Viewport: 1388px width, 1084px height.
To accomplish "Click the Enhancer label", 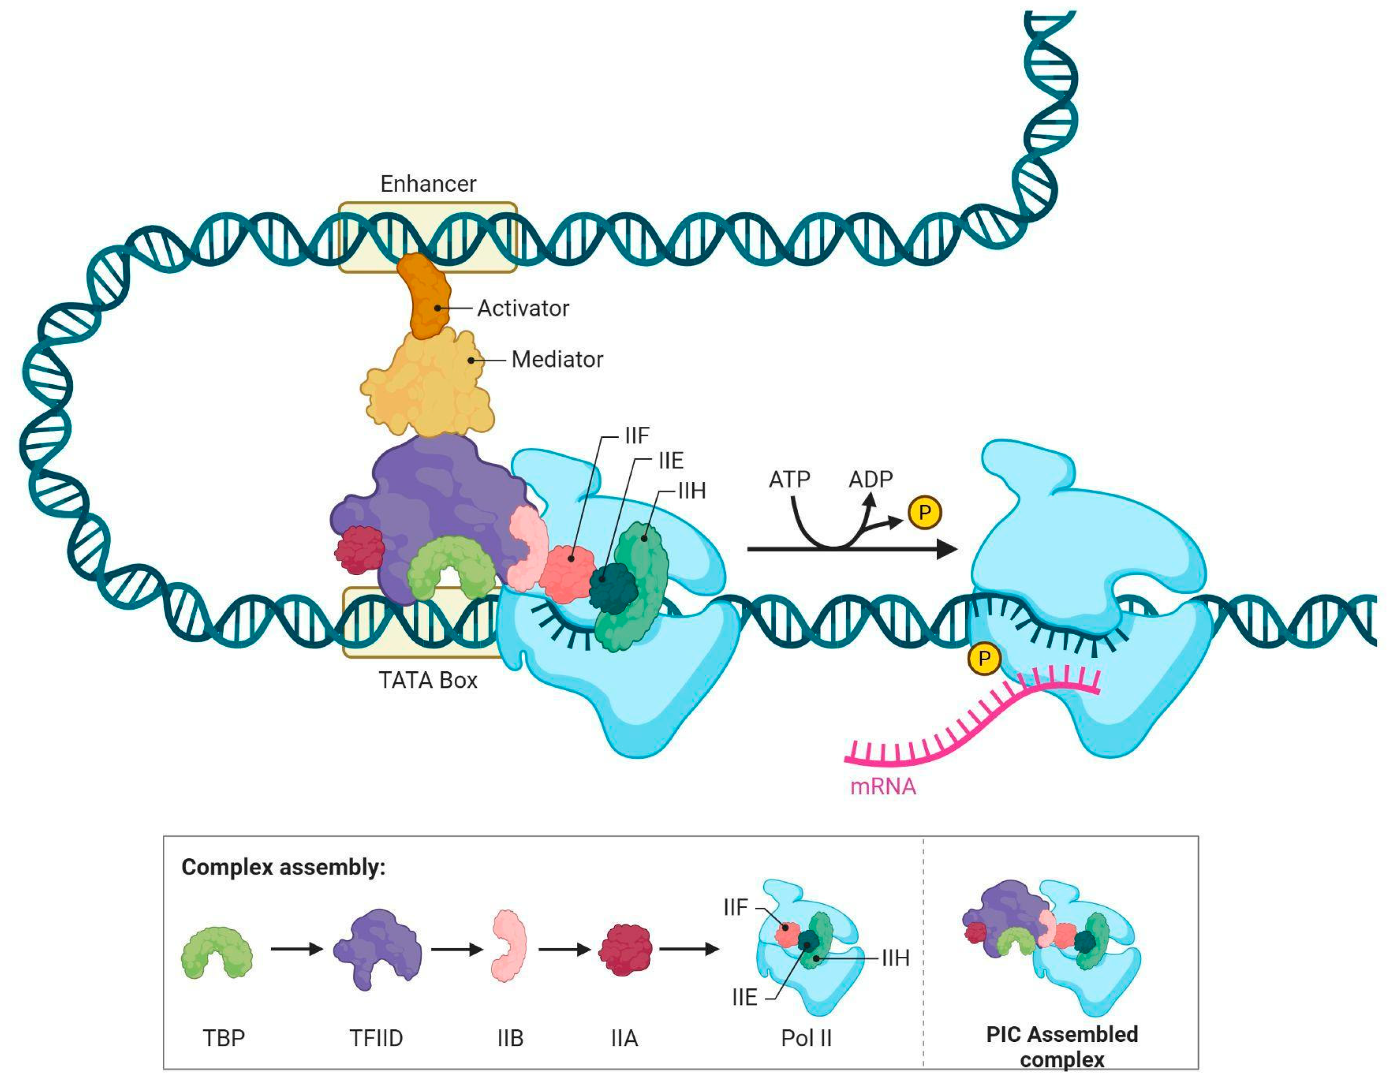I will point(428,184).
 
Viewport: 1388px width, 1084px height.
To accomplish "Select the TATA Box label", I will point(428,681).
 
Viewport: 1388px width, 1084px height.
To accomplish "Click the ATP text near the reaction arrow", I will point(789,479).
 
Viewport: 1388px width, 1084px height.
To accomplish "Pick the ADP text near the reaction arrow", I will point(871,479).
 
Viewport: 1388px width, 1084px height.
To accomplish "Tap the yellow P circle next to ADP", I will point(924,513).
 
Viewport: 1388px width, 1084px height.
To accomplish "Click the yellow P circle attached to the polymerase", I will point(984,659).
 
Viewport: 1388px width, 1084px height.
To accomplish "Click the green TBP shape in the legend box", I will point(217,952).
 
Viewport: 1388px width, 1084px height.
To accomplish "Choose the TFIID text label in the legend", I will point(376,1038).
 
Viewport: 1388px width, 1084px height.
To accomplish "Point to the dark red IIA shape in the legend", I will point(625,950).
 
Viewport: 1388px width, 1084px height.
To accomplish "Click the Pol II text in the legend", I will point(806,1038).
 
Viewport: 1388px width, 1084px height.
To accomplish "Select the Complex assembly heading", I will point(284,867).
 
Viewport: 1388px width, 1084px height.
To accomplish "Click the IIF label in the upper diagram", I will point(637,436).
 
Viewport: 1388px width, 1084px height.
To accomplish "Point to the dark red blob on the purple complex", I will point(360,550).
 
